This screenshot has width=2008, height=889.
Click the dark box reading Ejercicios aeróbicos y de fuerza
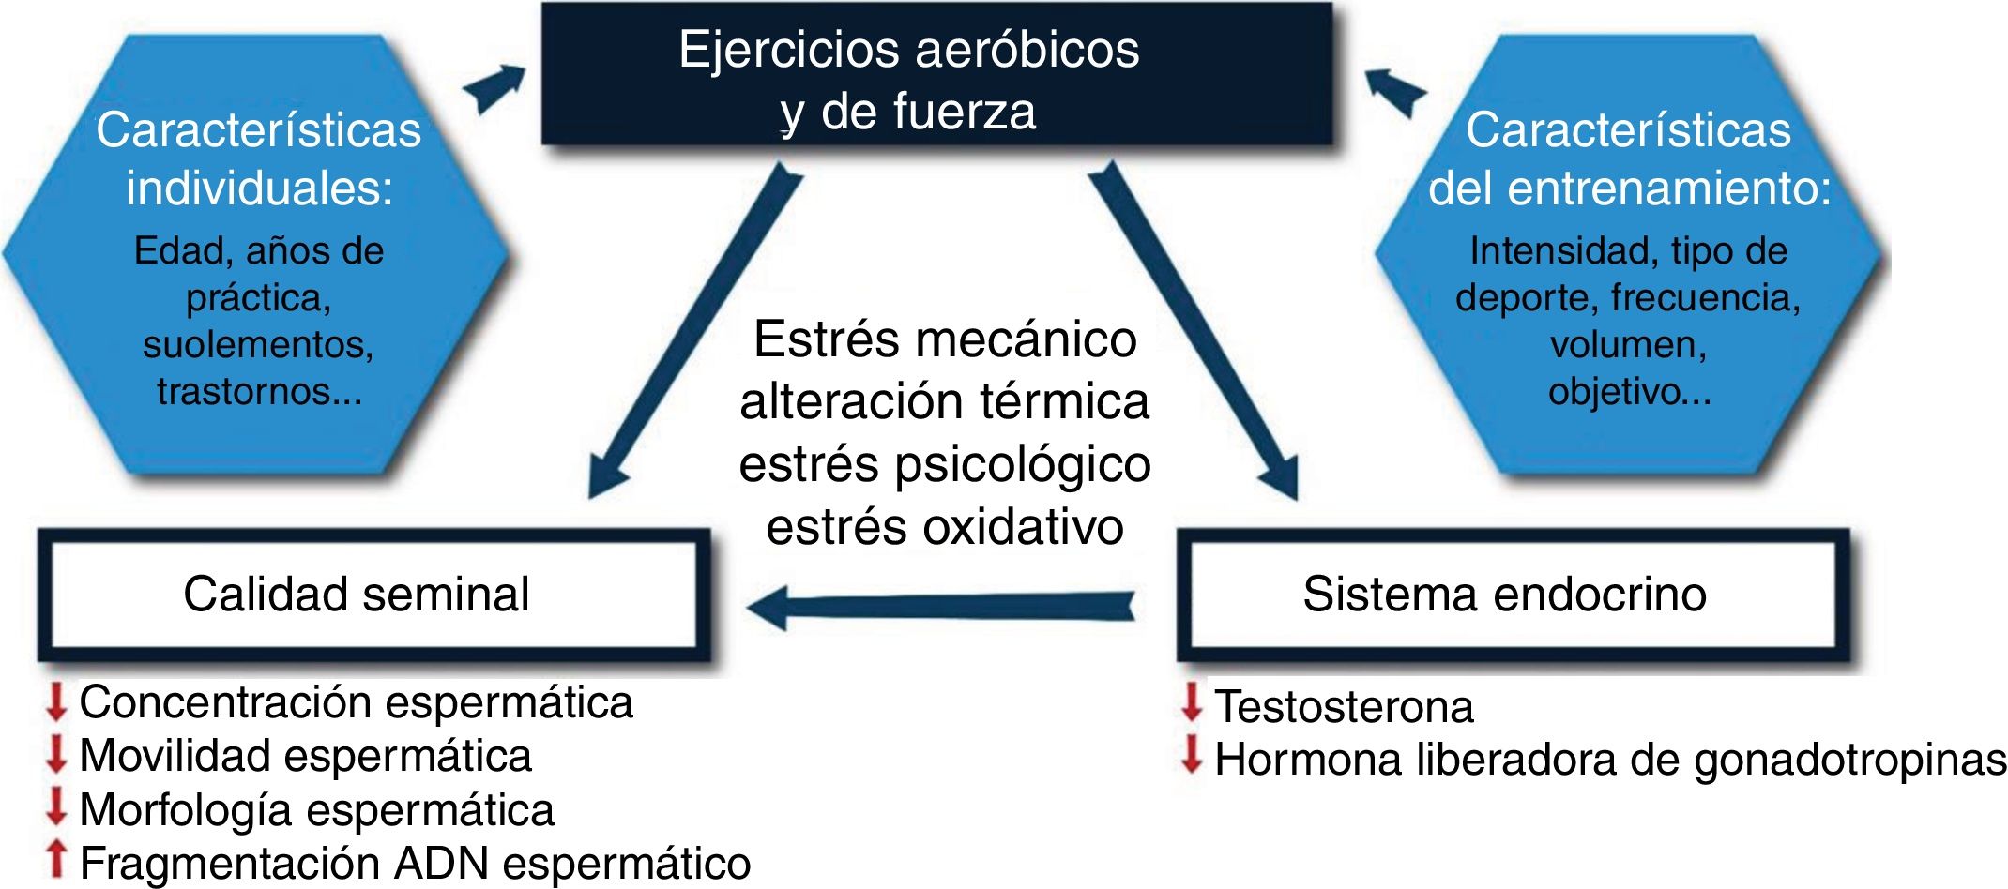pyautogui.click(x=936, y=75)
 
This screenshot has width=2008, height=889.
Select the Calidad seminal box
pyautogui.click(x=373, y=595)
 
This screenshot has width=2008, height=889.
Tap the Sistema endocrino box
pyautogui.click(x=1513, y=595)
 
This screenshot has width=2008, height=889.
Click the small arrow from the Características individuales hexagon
pyautogui.click(x=495, y=87)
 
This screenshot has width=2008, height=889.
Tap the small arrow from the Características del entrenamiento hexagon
pyautogui.click(x=1394, y=90)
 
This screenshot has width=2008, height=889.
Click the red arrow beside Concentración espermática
pyautogui.click(x=56, y=701)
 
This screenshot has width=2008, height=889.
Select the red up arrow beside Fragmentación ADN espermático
pyautogui.click(x=56, y=860)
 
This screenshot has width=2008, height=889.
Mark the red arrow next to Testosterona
pyautogui.click(x=1192, y=702)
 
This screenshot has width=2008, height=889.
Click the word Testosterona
pyautogui.click(x=1344, y=707)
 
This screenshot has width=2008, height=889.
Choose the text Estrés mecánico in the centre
pyautogui.click(x=945, y=339)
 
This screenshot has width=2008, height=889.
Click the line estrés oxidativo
pyautogui.click(x=945, y=527)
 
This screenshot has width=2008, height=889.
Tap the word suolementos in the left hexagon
pyautogui.click(x=258, y=344)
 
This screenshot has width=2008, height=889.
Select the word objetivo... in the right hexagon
pyautogui.click(x=1630, y=391)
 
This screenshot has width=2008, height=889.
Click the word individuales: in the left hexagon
pyautogui.click(x=260, y=188)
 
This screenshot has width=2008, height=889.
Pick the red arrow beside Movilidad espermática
pyautogui.click(x=56, y=754)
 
